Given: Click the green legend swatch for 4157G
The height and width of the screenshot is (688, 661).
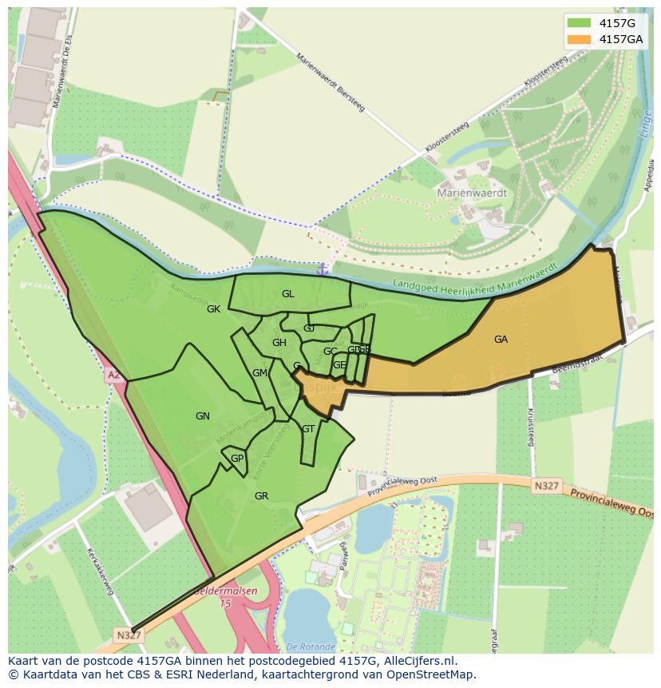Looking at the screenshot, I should point(580,22).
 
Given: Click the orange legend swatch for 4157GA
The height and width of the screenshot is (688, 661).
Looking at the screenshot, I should point(580,39).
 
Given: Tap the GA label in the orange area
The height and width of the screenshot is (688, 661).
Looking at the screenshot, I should point(501,340).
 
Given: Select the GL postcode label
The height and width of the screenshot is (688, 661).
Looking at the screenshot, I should point(288,294).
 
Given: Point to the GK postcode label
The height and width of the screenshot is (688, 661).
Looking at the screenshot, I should point(213,309).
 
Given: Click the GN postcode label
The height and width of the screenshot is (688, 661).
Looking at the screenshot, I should point(203,416).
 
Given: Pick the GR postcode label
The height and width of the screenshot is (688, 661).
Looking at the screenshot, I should point(261,496).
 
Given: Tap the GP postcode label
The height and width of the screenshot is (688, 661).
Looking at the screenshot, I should point(236,459).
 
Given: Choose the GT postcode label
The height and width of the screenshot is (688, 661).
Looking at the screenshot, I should point(307,429).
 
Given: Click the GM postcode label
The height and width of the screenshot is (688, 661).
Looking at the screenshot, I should point(259,373).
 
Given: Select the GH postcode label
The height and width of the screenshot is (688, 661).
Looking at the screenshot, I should point(279,344).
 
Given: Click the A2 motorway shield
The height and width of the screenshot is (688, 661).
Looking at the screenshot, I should point(113,374).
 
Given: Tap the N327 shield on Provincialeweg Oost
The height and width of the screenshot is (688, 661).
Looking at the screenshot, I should point(547,485).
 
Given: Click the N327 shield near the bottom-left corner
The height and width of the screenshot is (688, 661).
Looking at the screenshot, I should point(128,635).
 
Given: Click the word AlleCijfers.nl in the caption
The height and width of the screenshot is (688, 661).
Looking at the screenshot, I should point(416,661).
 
